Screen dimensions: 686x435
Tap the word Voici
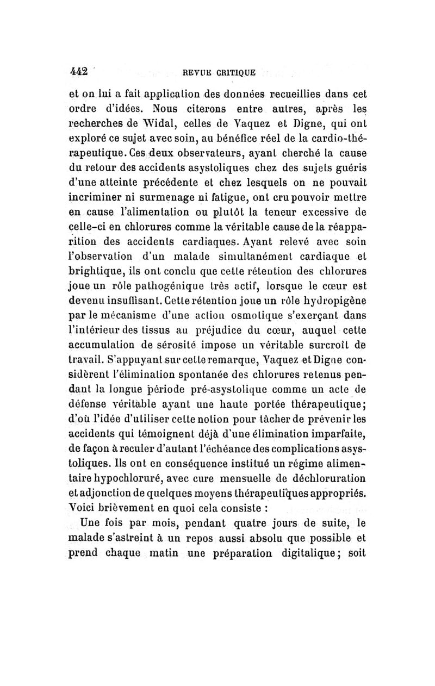(80, 510)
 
